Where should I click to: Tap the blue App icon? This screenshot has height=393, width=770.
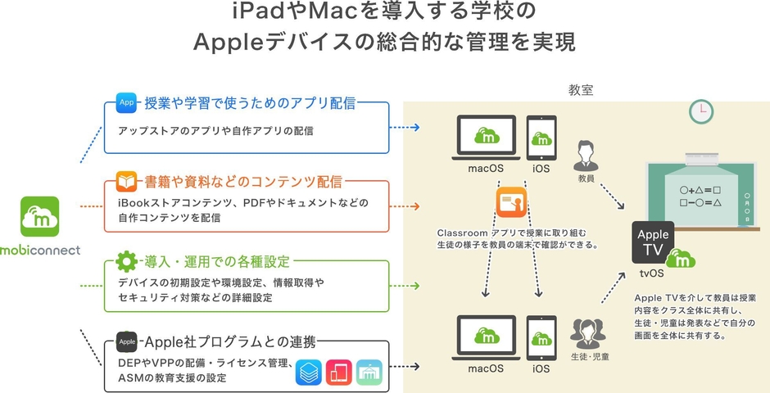(x=127, y=102)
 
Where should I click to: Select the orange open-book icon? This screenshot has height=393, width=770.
(x=126, y=181)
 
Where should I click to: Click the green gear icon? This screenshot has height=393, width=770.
(x=126, y=262)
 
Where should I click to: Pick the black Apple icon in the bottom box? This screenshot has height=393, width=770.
(x=126, y=341)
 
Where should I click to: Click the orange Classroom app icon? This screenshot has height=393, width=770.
(x=510, y=202)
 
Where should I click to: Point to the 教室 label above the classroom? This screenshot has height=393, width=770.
(x=581, y=89)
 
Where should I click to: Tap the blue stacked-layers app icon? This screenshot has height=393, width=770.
(x=310, y=373)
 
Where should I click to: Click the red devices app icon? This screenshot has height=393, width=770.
(x=339, y=373)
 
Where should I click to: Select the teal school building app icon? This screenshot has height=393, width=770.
(x=370, y=373)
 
